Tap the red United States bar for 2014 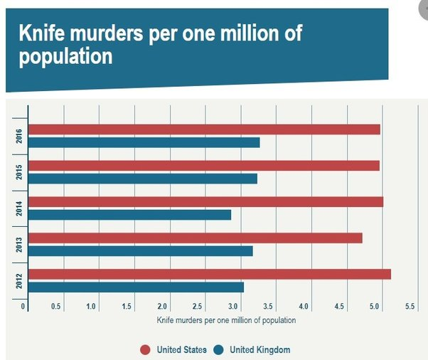point(206,201)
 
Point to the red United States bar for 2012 point(210,274)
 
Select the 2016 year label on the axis point(18,136)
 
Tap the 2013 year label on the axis point(18,244)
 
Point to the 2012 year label point(18,280)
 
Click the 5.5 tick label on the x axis point(410,306)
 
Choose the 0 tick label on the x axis point(24,306)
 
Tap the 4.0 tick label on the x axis point(304,306)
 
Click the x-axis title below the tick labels point(225,320)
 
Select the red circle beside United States point(145,349)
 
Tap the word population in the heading point(65,56)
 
